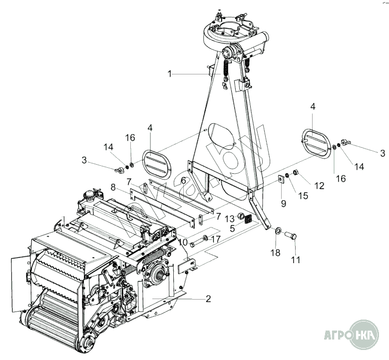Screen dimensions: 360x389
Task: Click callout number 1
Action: pyautogui.click(x=169, y=73)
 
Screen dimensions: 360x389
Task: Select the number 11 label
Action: pyautogui.click(x=296, y=260)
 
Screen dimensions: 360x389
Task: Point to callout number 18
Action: pyautogui.click(x=276, y=253)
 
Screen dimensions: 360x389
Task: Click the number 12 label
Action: pyautogui.click(x=319, y=186)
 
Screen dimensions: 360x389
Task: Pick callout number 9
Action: pyautogui.click(x=284, y=204)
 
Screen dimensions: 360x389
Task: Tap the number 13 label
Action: pyautogui.click(x=229, y=218)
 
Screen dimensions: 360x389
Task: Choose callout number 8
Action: pyautogui.click(x=113, y=187)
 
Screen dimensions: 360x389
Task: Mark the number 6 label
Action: pyautogui.click(x=183, y=180)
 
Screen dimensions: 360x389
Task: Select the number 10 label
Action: pyautogui.click(x=183, y=242)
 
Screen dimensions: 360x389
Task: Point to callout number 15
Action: pyautogui.click(x=304, y=196)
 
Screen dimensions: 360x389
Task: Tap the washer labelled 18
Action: pyautogui.click(x=278, y=232)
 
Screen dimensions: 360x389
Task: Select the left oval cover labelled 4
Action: pyautogui.click(x=157, y=161)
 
